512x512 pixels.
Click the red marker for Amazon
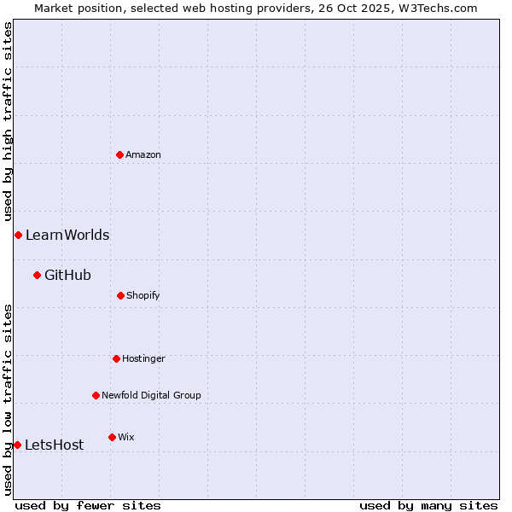pyautogui.click(x=120, y=154)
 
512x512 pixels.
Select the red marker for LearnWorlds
pyautogui.click(x=18, y=235)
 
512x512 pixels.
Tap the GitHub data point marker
pyautogui.click(x=37, y=275)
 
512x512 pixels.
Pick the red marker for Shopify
pyautogui.click(x=120, y=295)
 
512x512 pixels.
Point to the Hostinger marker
pyautogui.click(x=116, y=358)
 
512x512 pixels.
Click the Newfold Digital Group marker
pyautogui.click(x=96, y=395)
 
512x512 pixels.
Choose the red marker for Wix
pyautogui.click(x=112, y=437)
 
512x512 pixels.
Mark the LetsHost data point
pyautogui.click(x=17, y=445)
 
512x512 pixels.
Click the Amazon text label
pyautogui.click(x=143, y=154)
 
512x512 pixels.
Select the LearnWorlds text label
pyautogui.click(x=67, y=235)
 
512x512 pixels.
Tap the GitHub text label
pyautogui.click(x=67, y=275)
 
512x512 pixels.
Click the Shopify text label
pyautogui.click(x=143, y=295)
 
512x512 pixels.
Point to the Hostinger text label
pyautogui.click(x=143, y=358)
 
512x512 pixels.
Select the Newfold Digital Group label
pyautogui.click(x=151, y=395)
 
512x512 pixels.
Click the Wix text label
pyautogui.click(x=126, y=437)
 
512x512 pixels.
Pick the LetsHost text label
pyautogui.click(x=55, y=445)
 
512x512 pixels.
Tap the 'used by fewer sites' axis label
pyautogui.click(x=88, y=505)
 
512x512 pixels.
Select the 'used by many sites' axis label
pyautogui.click(x=428, y=505)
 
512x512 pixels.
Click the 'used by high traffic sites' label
pyautogui.click(x=8, y=121)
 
